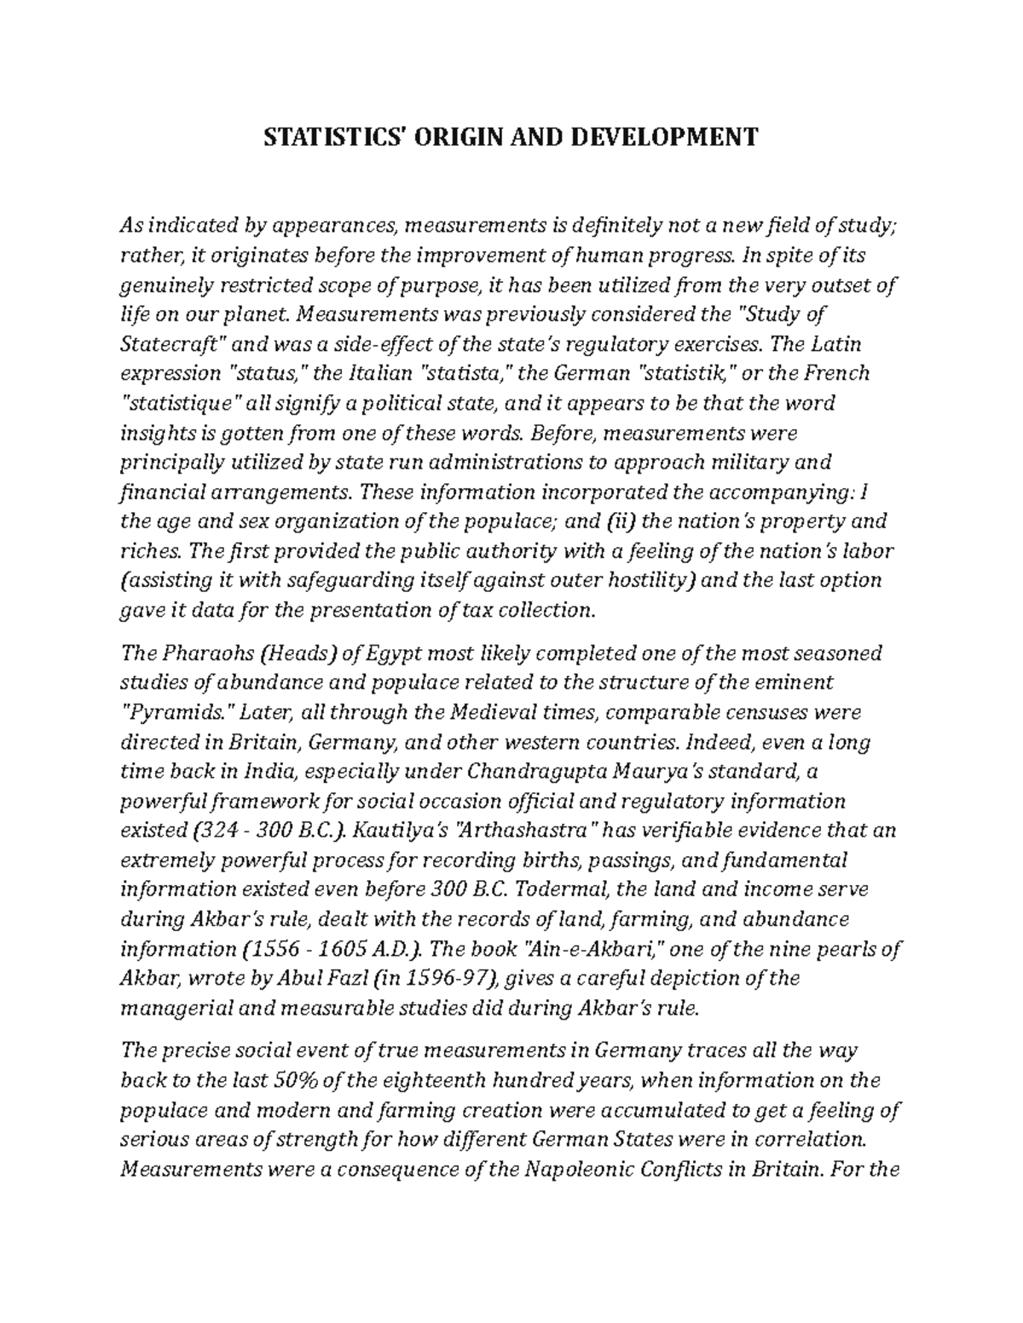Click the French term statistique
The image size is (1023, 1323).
click(183, 403)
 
